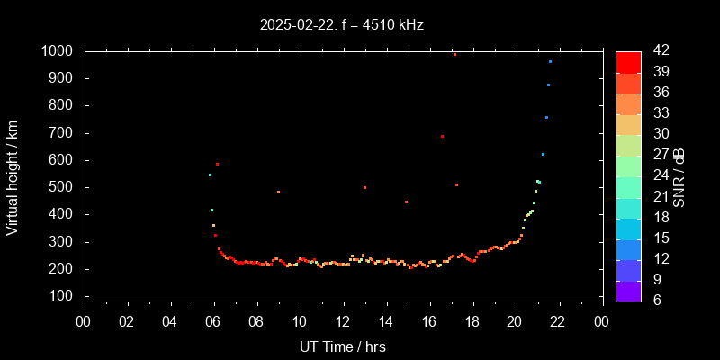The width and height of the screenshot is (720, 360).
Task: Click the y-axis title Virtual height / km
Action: [x=13, y=176]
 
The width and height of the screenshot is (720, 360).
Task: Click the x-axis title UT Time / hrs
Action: [x=343, y=346]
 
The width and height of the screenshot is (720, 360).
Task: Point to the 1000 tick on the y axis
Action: [x=60, y=51]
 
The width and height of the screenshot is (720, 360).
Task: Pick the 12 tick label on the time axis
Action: [x=343, y=321]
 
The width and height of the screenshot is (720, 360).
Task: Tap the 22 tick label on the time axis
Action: [x=558, y=321]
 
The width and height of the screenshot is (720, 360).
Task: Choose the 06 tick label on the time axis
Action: [x=213, y=321]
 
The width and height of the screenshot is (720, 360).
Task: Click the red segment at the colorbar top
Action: [x=628, y=61]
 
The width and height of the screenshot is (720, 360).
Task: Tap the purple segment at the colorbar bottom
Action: [x=628, y=290]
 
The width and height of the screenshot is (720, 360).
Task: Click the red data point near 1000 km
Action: [x=454, y=54]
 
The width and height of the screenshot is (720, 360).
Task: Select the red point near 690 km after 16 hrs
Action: [x=442, y=137]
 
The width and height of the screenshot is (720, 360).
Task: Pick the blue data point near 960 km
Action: [x=550, y=62]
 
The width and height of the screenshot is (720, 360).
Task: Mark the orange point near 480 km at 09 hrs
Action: [x=278, y=192]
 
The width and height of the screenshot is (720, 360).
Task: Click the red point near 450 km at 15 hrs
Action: [x=406, y=202]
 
